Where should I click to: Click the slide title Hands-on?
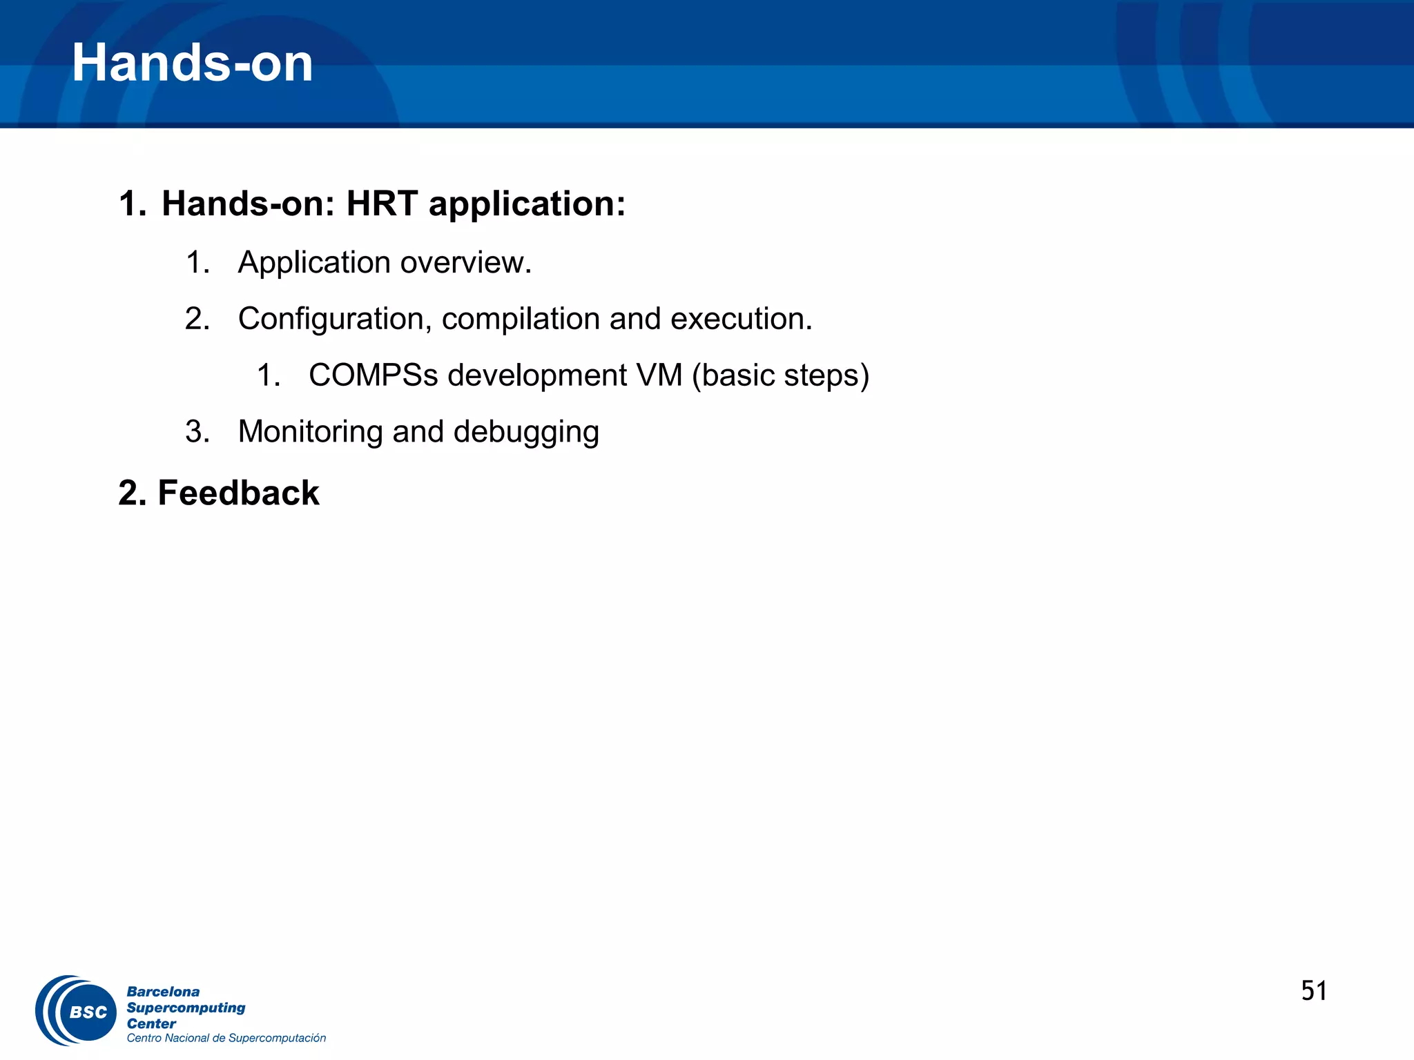click(192, 63)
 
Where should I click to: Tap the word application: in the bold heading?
click(527, 204)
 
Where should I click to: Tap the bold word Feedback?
click(238, 493)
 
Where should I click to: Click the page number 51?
click(1314, 991)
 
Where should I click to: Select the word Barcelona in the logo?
click(163, 992)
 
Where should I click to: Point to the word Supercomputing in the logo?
click(186, 1008)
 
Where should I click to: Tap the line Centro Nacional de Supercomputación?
click(226, 1038)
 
